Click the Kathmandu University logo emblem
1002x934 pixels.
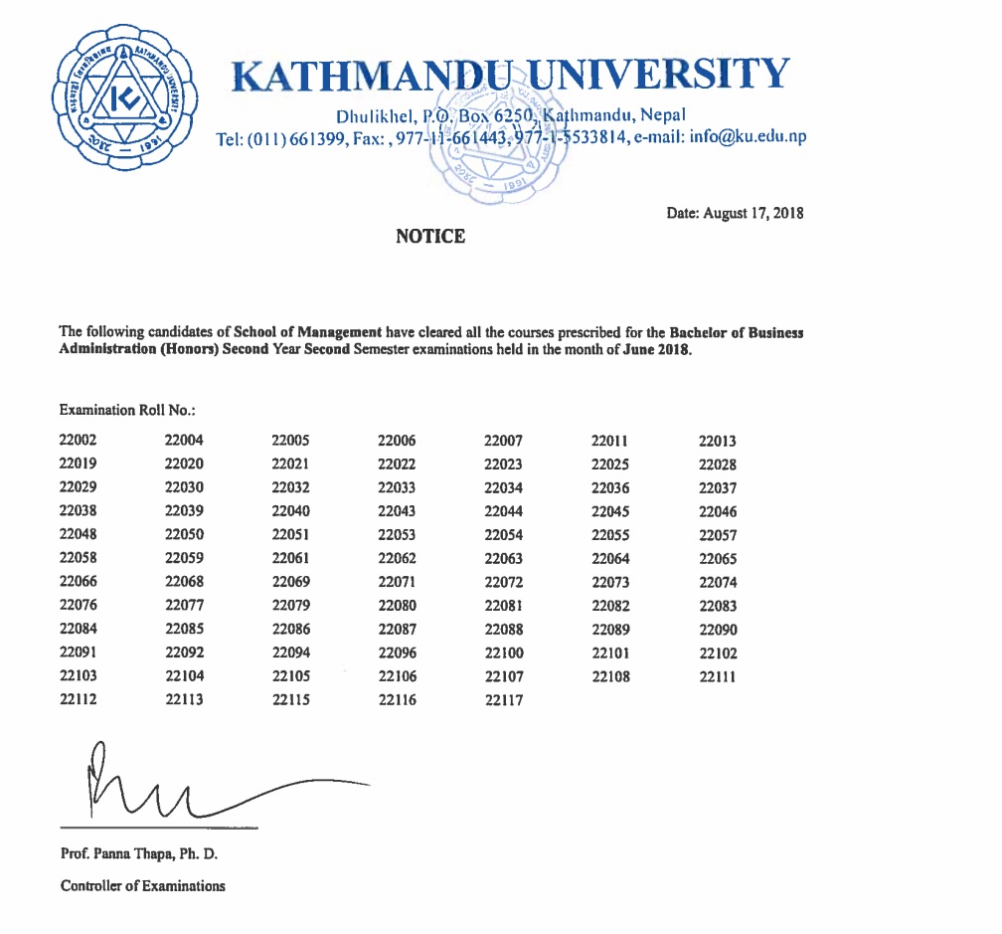point(124,98)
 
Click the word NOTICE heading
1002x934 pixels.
point(430,237)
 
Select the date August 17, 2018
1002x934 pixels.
point(735,213)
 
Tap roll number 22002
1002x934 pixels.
point(79,440)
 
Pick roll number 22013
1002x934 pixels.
point(718,442)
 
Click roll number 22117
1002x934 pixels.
point(503,700)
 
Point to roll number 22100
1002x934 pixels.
point(503,654)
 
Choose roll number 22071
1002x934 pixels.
point(397,582)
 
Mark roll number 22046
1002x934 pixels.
point(718,512)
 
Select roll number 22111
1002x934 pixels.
point(718,677)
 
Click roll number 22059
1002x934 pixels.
point(184,558)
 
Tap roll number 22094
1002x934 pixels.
point(290,654)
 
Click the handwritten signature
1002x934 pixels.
point(199,786)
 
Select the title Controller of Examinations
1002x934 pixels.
point(142,885)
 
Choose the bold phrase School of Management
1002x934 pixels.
point(307,332)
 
